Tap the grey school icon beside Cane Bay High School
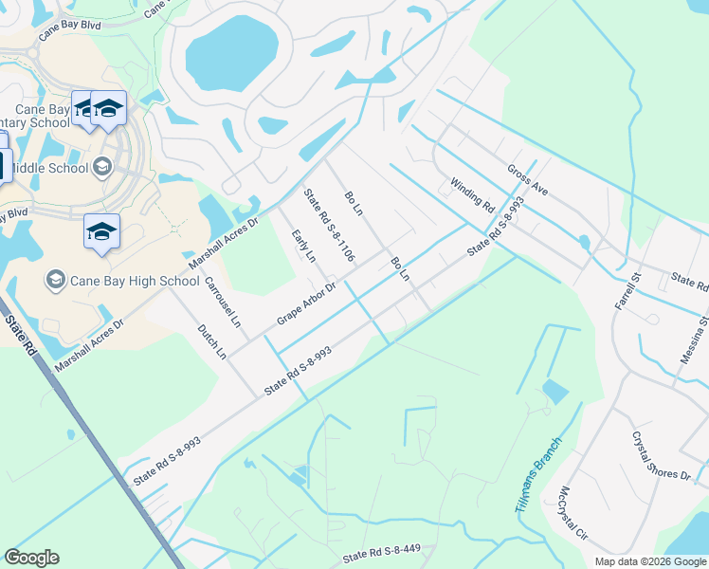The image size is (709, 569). click(x=56, y=280)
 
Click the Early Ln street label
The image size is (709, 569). click(x=303, y=248)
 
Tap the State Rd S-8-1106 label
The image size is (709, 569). click(x=329, y=226)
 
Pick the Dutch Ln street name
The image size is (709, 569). click(x=211, y=342)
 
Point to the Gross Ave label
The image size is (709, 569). click(x=528, y=181)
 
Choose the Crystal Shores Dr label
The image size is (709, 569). click(x=662, y=457)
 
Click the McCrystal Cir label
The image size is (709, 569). click(x=575, y=513)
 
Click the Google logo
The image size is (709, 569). click(x=32, y=559)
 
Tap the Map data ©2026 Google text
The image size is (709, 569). click(x=649, y=561)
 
